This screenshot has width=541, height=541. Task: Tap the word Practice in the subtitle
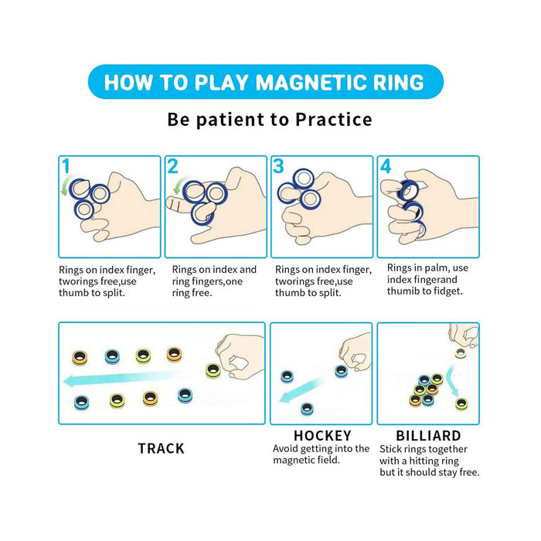coord(334,120)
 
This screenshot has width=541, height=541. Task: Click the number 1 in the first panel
coord(66,166)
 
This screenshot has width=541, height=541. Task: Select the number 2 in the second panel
coord(172,166)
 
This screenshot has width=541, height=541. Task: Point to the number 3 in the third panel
coord(278,166)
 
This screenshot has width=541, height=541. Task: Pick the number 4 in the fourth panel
coord(386,166)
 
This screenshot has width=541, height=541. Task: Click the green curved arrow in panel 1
coord(66,185)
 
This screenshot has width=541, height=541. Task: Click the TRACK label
coord(161,448)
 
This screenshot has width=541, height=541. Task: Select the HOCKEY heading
coord(322,436)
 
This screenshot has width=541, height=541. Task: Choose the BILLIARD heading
coord(428,436)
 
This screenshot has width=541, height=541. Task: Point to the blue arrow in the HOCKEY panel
coord(301,390)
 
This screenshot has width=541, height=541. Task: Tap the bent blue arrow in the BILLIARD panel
coord(452,380)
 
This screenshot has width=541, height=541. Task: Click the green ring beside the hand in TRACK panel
coord(213,370)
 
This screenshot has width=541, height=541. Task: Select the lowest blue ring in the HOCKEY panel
coord(307,409)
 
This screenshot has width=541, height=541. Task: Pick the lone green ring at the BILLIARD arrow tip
coord(461,403)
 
